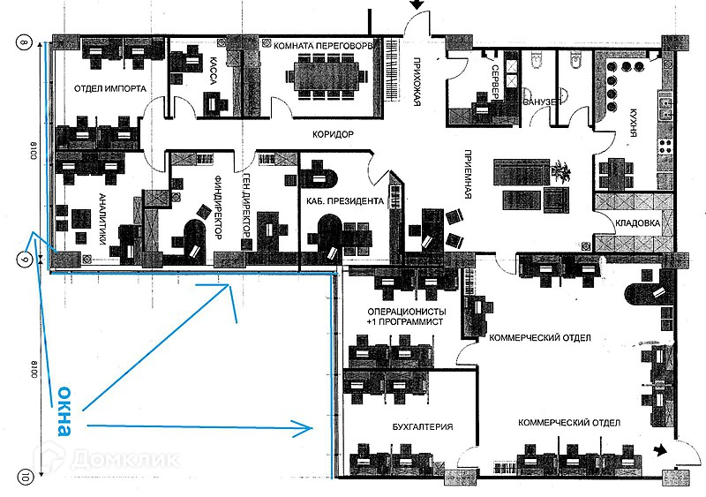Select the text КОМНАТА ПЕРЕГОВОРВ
coord(326,44)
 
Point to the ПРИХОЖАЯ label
coord(416,80)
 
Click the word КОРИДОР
coord(333,134)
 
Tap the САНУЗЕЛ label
coord(541,102)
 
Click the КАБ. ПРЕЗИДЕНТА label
coord(344,201)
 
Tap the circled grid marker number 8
coord(25,41)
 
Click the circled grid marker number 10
coord(25,477)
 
